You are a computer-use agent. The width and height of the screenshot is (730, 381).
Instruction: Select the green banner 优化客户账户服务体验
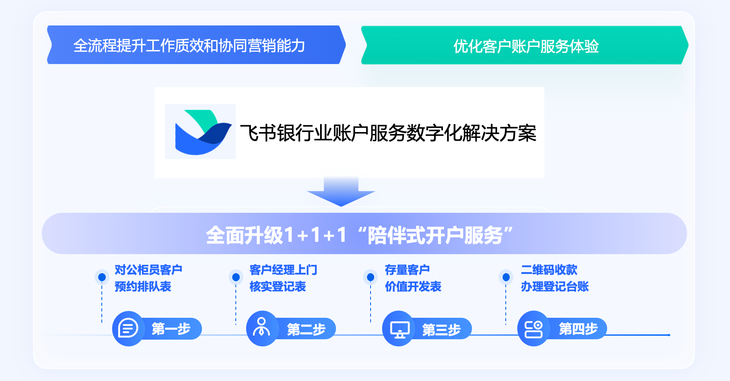525,45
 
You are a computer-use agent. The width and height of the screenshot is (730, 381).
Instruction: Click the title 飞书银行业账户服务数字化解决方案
388,133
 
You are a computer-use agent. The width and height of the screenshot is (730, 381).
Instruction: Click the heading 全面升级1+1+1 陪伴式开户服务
359,235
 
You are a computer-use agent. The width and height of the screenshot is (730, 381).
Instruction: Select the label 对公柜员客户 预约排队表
148,278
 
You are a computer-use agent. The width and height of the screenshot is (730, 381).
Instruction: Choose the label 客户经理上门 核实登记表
283,278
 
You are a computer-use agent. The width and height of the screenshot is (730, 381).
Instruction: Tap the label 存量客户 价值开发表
413,278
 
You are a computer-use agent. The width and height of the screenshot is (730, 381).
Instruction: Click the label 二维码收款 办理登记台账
555,278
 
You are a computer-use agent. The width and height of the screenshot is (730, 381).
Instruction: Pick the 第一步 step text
171,329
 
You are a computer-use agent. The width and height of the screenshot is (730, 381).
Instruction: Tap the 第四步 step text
578,329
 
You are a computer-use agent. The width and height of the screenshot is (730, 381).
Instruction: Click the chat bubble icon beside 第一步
128,329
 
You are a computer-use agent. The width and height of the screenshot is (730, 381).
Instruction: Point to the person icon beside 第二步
261,327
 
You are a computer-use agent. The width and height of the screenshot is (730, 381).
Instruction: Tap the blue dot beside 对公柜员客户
102,277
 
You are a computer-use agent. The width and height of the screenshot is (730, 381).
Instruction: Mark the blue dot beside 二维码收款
506,277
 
